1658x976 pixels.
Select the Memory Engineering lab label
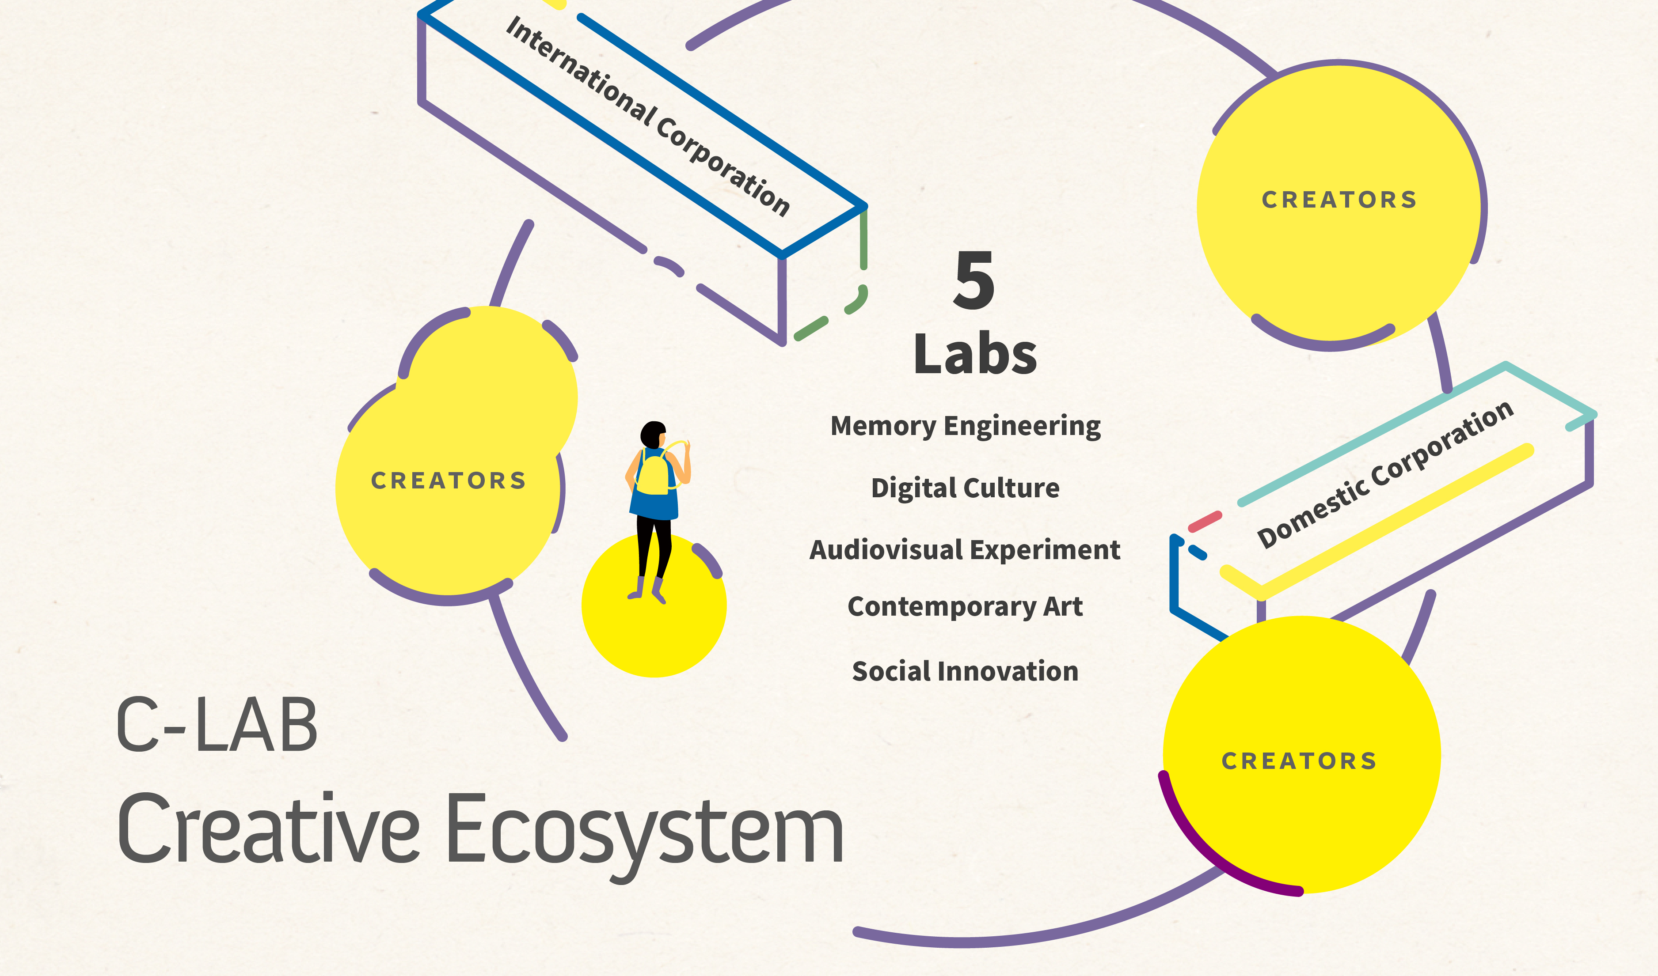[965, 426]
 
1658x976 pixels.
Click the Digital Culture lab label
[965, 488]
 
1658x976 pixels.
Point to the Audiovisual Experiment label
[965, 550]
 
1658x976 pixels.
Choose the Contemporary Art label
[965, 606]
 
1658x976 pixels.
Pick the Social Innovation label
[965, 671]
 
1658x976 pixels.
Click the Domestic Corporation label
[1385, 474]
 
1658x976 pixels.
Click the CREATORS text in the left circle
[449, 481]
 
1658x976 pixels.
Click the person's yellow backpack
[653, 475]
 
